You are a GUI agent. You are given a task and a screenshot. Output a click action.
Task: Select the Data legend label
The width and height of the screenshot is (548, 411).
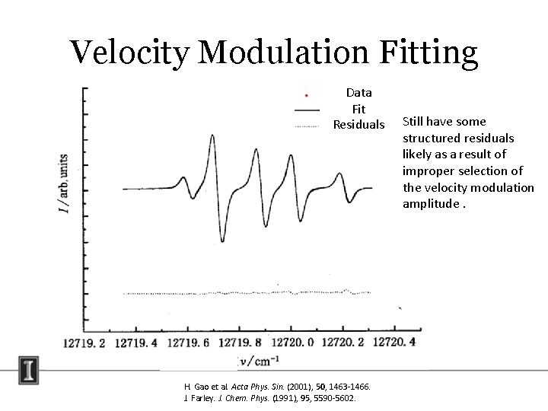click(358, 93)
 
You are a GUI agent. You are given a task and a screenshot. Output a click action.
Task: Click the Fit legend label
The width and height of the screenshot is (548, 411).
click(358, 109)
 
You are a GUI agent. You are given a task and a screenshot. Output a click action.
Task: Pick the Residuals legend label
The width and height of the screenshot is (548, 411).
click(358, 124)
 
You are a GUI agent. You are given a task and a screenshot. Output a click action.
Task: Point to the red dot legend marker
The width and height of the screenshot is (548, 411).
click(306, 95)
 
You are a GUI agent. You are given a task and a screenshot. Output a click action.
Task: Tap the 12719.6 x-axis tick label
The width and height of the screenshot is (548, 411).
click(187, 342)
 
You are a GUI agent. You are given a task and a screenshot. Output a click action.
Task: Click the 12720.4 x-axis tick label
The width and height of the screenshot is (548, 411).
click(391, 342)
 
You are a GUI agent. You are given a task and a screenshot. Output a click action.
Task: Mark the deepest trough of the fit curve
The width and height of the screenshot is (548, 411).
click(221, 241)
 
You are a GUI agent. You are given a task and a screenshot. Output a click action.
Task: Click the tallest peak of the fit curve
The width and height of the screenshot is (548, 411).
click(210, 135)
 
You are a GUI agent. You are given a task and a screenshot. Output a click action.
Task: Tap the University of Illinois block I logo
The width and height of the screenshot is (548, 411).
click(30, 372)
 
